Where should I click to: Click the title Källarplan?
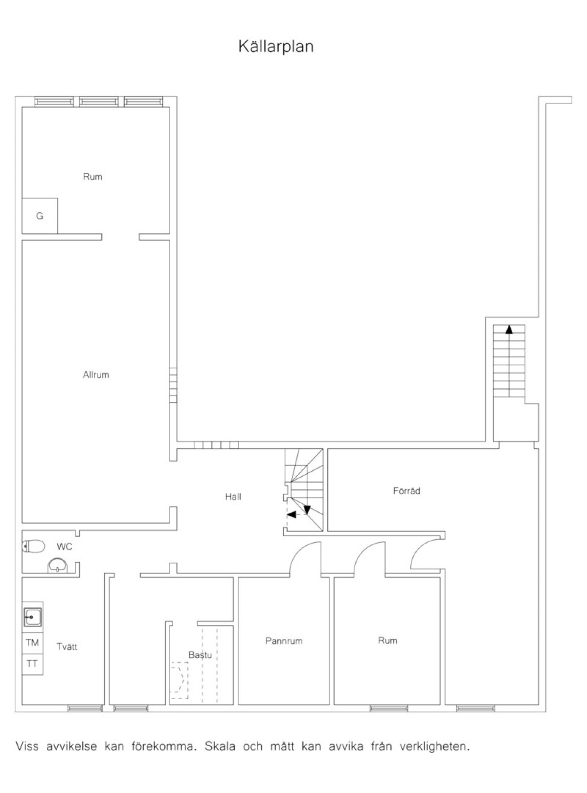pyautogui.click(x=276, y=46)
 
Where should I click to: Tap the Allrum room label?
pyautogui.click(x=96, y=374)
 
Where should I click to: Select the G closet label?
pyautogui.click(x=40, y=216)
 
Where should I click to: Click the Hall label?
pyautogui.click(x=233, y=497)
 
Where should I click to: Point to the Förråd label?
pyautogui.click(x=406, y=491)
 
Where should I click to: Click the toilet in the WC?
pyautogui.click(x=34, y=547)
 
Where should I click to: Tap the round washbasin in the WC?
pyautogui.click(x=57, y=566)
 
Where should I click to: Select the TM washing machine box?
pyautogui.click(x=33, y=642)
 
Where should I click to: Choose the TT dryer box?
pyautogui.click(x=33, y=664)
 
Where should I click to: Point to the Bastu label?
pyautogui.click(x=201, y=655)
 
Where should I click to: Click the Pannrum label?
pyautogui.click(x=284, y=641)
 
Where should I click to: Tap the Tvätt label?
pyautogui.click(x=67, y=646)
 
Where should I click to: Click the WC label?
pyautogui.click(x=65, y=547)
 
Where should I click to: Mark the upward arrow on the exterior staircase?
pyautogui.click(x=509, y=330)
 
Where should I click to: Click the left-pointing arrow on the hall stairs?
pyautogui.click(x=292, y=514)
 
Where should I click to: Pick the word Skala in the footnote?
pyautogui.click(x=220, y=747)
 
